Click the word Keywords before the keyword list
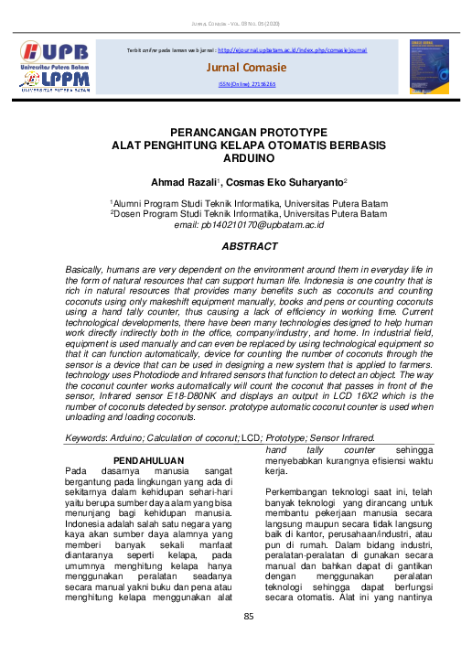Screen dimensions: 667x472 [86, 438]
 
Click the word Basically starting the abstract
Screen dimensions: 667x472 [85, 272]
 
